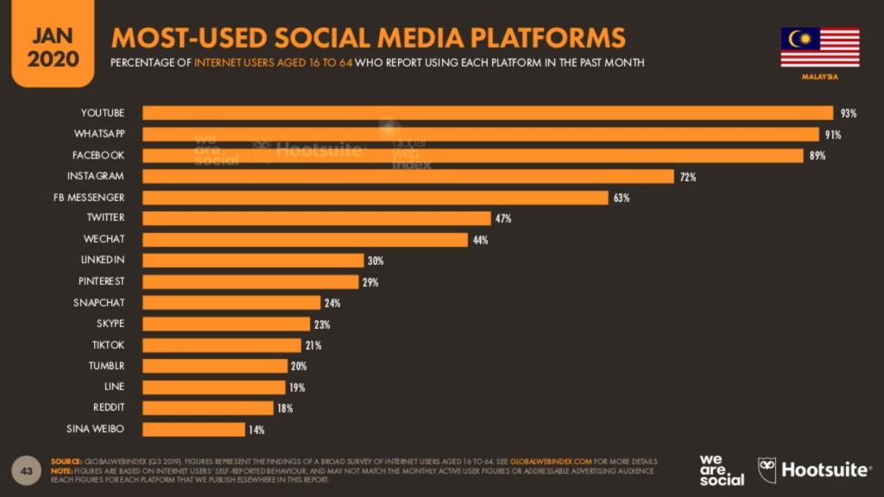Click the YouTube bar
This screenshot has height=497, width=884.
pos(488,113)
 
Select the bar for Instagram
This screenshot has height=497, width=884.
pos(407,177)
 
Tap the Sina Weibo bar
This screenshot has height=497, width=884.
pos(193,429)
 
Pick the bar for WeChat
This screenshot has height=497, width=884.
pos(305,240)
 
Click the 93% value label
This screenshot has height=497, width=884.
pos(848,113)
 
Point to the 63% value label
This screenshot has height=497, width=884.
pos(622,198)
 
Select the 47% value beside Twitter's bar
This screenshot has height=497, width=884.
pos(503,219)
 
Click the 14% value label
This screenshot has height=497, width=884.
pos(256,429)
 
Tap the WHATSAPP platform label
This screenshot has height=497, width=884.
pos(102,135)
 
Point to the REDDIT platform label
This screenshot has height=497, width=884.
pos(108,407)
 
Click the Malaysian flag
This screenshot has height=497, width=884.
pos(819,47)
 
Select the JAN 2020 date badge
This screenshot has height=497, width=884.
pos(53,47)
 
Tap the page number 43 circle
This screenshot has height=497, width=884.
pos(26,470)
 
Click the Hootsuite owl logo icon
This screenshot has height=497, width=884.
pos(767,469)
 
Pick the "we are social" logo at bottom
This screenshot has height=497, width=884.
pos(721,469)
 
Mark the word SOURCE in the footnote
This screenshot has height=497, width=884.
pos(66,462)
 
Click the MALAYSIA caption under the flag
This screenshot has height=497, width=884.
pos(819,77)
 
